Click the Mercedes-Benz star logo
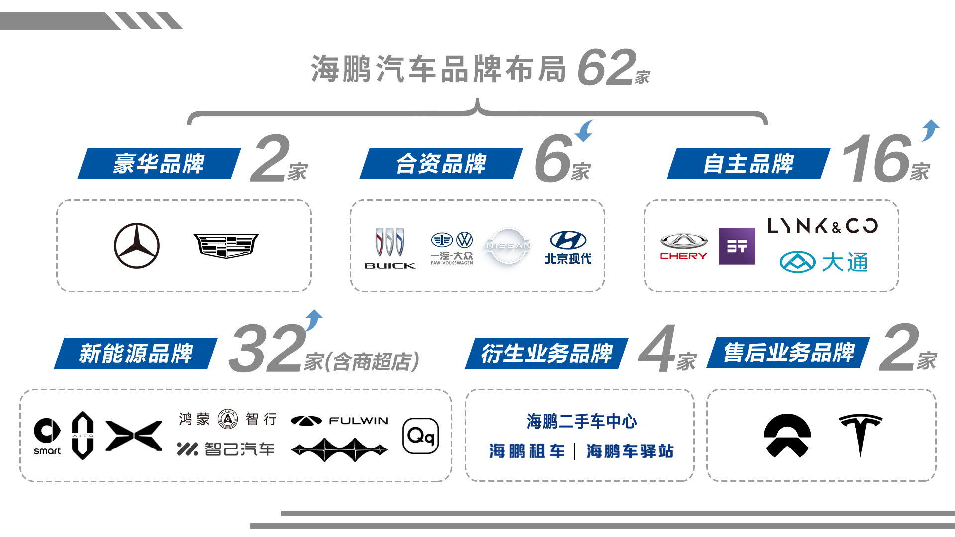(137, 246)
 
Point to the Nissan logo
(508, 246)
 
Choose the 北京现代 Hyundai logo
(568, 247)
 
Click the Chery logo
(683, 246)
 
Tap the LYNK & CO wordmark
(823, 226)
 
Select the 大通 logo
(824, 262)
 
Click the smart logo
(47, 436)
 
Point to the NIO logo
(787, 436)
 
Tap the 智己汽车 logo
(226, 449)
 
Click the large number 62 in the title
(607, 67)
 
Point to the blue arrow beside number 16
(930, 131)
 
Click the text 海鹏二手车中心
(581, 421)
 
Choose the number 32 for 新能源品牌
(267, 348)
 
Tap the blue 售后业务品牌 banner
(788, 353)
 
